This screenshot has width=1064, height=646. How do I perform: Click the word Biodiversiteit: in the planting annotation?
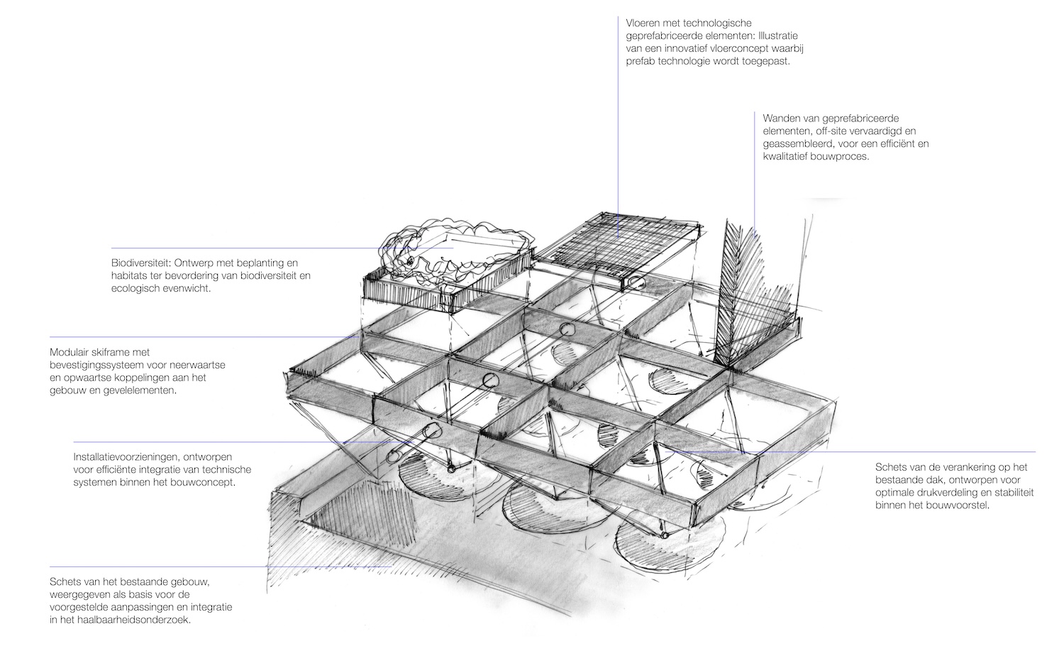click(x=141, y=263)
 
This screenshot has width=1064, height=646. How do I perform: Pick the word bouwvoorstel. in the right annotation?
click(x=960, y=505)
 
